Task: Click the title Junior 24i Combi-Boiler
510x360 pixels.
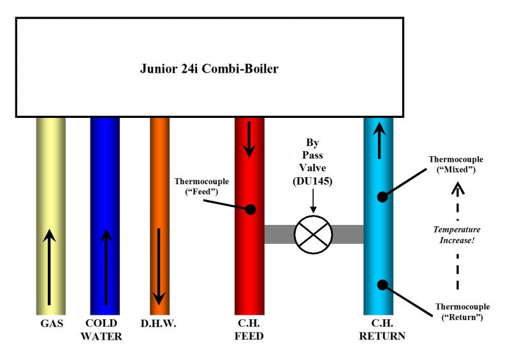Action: click(209, 69)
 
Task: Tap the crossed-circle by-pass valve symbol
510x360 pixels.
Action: click(313, 234)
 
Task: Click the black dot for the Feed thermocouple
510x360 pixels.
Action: click(251, 209)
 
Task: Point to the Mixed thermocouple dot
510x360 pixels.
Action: click(382, 197)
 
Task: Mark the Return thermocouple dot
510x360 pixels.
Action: click(382, 284)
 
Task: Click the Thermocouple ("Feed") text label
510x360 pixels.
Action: click(201, 187)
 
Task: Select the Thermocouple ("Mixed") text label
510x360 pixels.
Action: click(456, 164)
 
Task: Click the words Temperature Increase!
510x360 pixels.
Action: click(457, 234)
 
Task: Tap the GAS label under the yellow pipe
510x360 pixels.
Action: click(51, 324)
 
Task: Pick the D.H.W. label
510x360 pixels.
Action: click(159, 324)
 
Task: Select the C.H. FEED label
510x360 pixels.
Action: click(249, 329)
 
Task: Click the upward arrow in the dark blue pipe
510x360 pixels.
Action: click(106, 268)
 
